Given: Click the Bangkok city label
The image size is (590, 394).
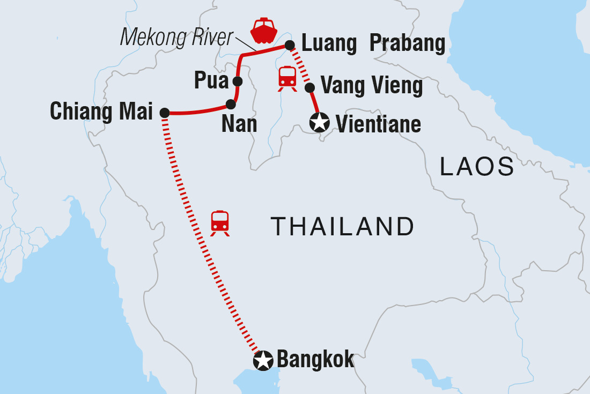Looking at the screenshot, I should tap(315, 359).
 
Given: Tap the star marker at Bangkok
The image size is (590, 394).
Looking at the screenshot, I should tap(263, 361).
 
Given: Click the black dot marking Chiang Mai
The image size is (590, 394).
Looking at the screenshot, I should tap(165, 113).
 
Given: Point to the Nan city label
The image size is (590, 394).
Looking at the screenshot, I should tap(239, 124).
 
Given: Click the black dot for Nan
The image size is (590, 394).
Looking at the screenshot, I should tap(231, 104).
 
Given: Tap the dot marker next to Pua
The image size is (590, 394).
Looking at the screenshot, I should tap(238, 81).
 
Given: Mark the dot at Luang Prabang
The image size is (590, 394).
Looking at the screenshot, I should tap(289, 44).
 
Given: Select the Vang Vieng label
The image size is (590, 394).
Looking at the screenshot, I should tap(371, 85).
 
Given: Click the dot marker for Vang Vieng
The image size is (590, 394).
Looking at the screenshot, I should tap(309, 87).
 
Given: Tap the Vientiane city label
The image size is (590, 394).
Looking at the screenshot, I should tap(378, 124).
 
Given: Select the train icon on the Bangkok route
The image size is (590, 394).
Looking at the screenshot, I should tap(220, 222).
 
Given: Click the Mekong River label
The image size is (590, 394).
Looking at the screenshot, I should tap(177, 37).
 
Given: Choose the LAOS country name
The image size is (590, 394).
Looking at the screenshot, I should tap(477, 167).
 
